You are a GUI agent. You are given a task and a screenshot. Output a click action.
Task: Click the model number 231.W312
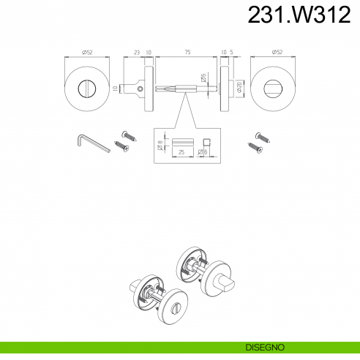[299, 15]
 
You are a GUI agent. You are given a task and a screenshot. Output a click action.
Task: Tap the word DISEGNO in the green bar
[265, 347]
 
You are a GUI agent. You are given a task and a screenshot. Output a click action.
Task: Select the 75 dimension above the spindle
[187, 52]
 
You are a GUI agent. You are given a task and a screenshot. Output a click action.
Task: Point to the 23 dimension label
[137, 52]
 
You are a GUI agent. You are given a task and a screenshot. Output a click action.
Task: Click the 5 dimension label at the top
[231, 52]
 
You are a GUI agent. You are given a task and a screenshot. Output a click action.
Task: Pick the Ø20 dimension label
[239, 87]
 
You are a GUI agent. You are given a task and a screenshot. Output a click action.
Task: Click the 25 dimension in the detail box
[181, 152]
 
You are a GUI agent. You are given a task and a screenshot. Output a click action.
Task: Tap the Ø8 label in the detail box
[160, 145]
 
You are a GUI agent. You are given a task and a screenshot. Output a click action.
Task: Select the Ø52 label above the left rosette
[87, 52]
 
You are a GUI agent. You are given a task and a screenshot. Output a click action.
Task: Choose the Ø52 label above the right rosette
[277, 52]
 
